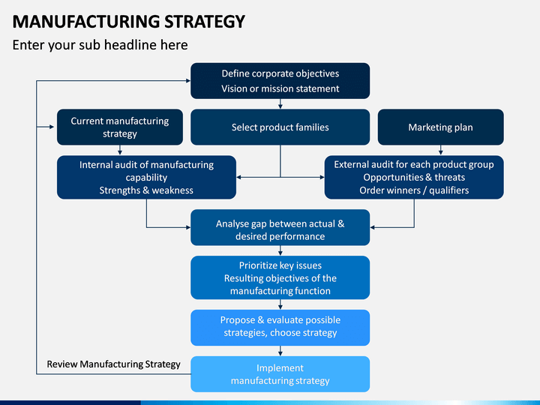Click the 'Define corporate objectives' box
coord(280,80)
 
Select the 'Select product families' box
coord(280,127)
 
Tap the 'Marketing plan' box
coord(440,127)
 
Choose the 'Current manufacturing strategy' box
coord(120,127)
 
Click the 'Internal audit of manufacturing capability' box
coord(146,177)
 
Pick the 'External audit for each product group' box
coord(414,177)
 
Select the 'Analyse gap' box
coord(280,227)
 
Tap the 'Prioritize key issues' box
coord(280,277)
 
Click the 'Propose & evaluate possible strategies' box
coord(280,328)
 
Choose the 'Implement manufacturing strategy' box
coord(280,374)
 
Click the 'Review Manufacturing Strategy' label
coord(114,364)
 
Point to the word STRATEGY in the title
coord(205,21)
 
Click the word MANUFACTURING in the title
coord(86,21)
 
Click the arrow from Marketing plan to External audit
coord(440,150)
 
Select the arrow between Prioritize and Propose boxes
coord(280,304)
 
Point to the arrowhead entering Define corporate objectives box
coord(188,80)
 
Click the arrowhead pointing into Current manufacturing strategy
coord(52,127)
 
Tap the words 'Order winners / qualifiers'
coord(414,190)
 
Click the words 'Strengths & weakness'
coord(146,190)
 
